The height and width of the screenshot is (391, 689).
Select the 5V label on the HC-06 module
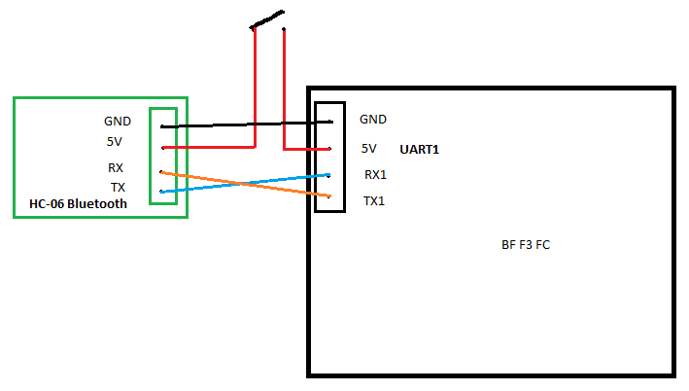coord(114,141)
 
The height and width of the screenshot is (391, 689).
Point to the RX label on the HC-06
coord(116,167)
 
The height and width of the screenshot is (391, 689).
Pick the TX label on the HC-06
coord(117,187)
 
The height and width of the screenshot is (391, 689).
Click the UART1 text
coord(420,151)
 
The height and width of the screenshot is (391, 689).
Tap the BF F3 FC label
coord(526,245)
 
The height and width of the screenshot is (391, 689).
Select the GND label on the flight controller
coord(373,119)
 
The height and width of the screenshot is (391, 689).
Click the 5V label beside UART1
coord(368,149)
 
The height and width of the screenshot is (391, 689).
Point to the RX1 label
coord(375,175)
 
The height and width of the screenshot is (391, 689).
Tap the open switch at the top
coord(267,19)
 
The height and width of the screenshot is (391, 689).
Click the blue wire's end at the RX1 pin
coord(330,175)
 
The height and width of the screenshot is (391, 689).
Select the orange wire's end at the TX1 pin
coord(330,197)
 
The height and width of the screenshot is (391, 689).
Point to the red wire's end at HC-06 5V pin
coord(162,147)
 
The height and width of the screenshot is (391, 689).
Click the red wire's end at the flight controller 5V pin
coord(330,150)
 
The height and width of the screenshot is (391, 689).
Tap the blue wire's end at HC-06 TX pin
coord(161,192)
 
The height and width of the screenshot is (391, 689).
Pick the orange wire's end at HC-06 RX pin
coord(161,172)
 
